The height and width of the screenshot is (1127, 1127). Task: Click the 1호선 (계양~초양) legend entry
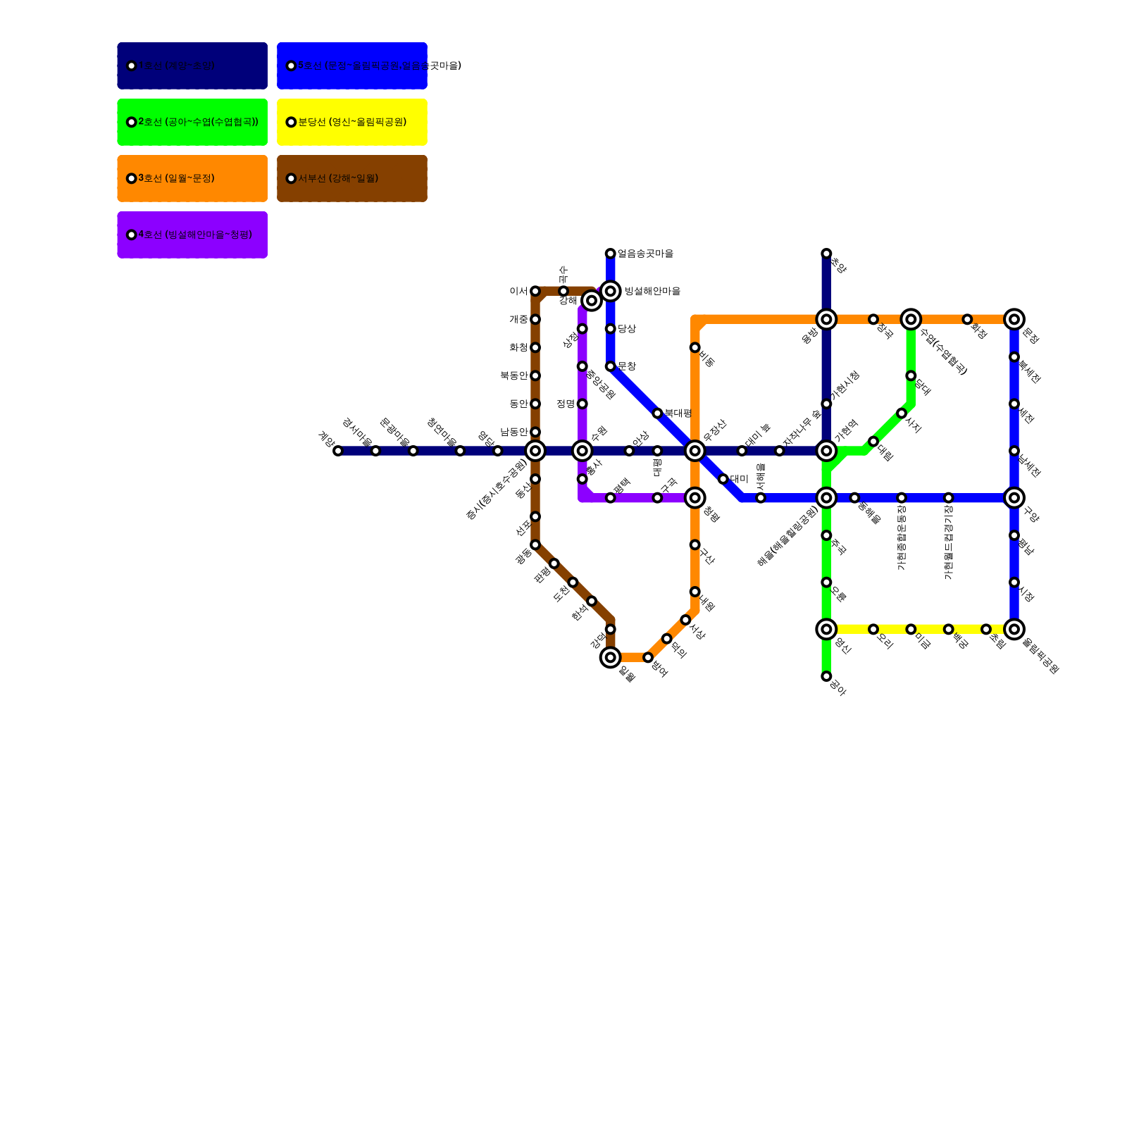tap(192, 66)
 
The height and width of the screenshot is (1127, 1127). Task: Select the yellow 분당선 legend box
tap(351, 122)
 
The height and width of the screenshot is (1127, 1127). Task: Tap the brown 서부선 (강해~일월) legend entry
tap(351, 178)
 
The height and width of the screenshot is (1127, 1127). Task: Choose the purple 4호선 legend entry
tap(192, 235)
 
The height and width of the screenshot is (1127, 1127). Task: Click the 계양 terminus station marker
tap(338, 451)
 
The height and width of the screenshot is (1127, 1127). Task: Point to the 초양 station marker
tap(826, 254)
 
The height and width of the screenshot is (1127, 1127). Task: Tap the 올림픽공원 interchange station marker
tap(1014, 629)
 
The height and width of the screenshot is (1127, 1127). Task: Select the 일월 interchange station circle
tap(611, 657)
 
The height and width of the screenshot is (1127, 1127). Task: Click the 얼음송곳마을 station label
tap(645, 254)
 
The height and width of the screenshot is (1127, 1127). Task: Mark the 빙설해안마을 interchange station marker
tap(611, 291)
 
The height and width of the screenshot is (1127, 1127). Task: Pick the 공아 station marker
tap(826, 676)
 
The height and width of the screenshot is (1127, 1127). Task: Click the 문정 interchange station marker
tap(1014, 319)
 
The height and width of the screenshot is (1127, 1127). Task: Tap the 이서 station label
tap(518, 291)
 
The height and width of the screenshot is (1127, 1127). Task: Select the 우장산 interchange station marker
tap(695, 451)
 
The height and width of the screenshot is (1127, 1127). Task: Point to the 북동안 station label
tap(514, 375)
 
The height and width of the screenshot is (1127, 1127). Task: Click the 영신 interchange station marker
tap(826, 629)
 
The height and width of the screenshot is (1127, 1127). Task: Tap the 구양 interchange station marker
tap(1014, 498)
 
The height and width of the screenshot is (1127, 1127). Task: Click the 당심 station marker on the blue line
tap(611, 329)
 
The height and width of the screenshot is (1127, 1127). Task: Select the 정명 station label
tap(566, 404)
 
